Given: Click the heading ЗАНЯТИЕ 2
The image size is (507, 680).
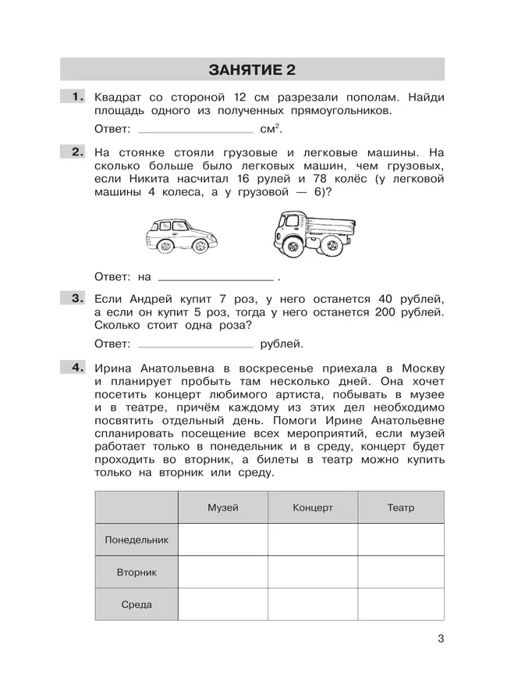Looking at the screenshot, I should (x=253, y=71).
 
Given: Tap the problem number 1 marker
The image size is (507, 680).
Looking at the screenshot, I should (x=76, y=98).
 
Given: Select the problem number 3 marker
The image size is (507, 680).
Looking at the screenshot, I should (x=76, y=298).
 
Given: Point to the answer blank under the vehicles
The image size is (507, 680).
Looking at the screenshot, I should (x=215, y=277).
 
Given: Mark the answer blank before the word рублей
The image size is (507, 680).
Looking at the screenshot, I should (x=194, y=344).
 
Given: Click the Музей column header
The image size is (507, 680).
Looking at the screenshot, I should (x=223, y=507).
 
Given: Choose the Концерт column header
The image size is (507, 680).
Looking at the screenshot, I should (x=313, y=507).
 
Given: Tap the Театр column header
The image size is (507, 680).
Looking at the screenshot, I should (x=401, y=507).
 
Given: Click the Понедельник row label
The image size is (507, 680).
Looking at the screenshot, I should (x=136, y=539).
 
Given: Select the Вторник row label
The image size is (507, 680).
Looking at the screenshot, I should (x=136, y=572).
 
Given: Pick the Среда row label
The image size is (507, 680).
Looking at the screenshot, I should (x=136, y=604).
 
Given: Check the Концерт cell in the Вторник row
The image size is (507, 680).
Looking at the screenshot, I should (x=313, y=572).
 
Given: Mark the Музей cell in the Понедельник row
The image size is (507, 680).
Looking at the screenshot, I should (x=223, y=539).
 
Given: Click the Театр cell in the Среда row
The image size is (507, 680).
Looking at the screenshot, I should (x=401, y=604).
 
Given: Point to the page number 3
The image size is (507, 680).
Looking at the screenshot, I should (x=441, y=640).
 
